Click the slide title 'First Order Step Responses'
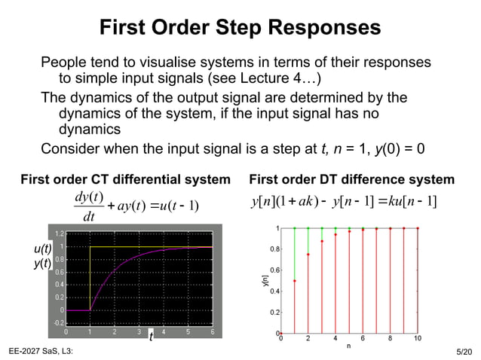point(240,29)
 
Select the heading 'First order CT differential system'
point(125,179)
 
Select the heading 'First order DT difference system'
point(351,179)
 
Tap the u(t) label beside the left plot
point(43,249)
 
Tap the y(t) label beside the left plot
point(43,263)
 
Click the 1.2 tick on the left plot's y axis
point(58,234)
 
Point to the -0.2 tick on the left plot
point(57,322)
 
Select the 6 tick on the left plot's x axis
point(213,331)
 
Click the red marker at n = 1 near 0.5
point(294,281)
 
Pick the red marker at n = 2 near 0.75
point(308,255)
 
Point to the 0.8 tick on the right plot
point(274,249)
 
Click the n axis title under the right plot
point(348,346)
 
